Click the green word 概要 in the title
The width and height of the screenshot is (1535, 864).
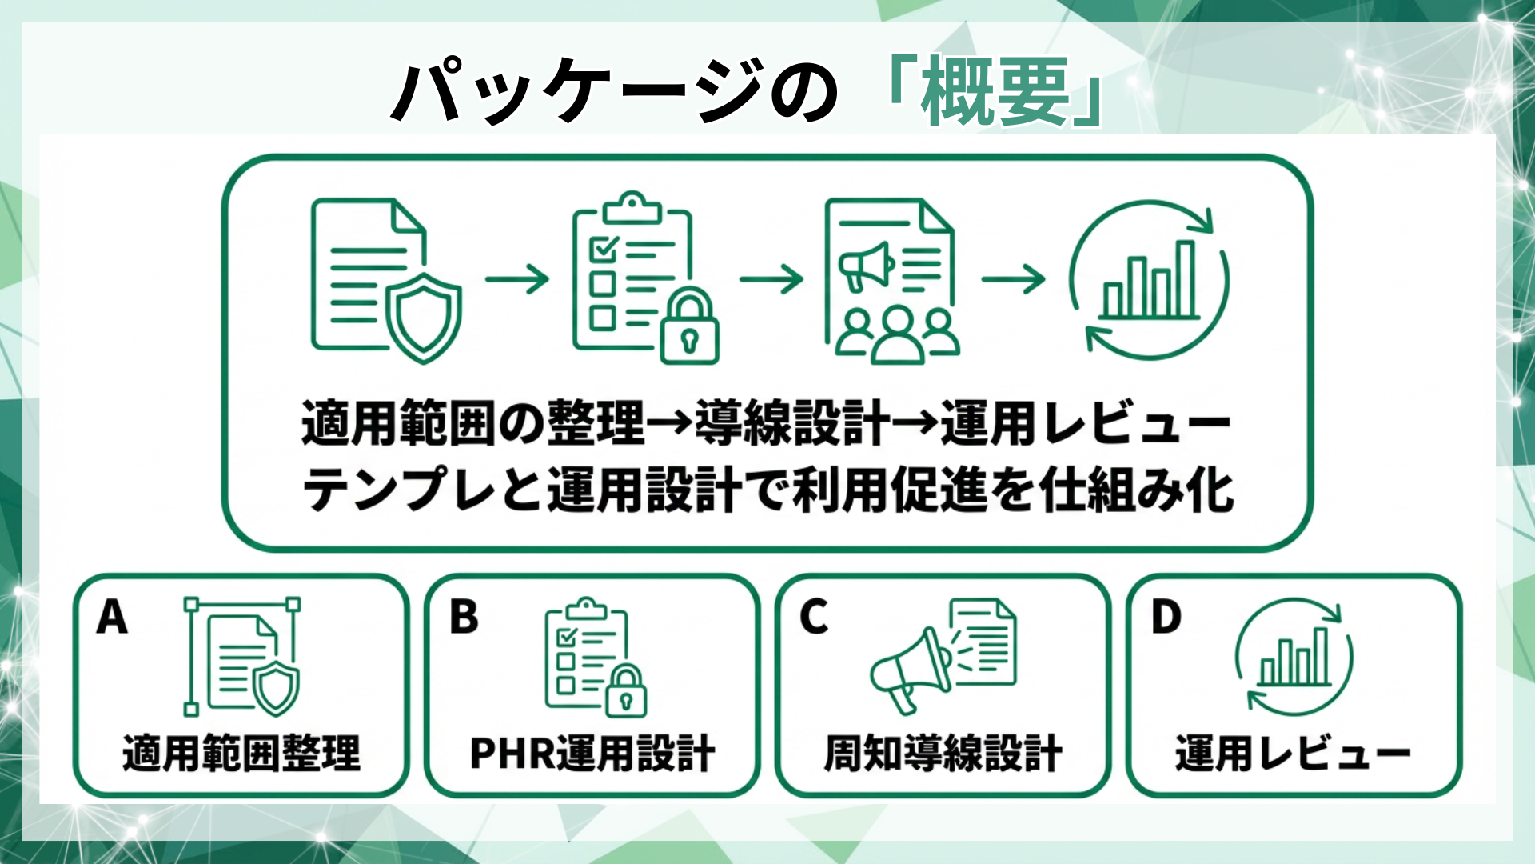point(995,92)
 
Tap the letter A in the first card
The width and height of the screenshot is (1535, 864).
point(112,617)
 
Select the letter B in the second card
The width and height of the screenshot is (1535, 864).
point(464,617)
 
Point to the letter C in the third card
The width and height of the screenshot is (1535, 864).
point(814,617)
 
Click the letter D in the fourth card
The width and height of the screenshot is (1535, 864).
point(1166,617)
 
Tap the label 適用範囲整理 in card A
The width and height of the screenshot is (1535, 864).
point(241,753)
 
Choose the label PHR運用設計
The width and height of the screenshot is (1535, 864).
point(592,753)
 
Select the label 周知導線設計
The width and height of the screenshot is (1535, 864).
point(943,753)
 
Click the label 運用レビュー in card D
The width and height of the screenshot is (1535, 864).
point(1293,753)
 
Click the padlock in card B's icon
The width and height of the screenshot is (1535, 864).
point(626,692)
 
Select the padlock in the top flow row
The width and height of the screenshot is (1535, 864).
point(689,328)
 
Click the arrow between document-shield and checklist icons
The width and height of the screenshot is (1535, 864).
point(517,278)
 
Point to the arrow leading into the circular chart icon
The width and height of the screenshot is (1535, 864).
point(1013,278)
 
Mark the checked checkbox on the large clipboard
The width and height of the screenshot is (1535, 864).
point(602,248)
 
